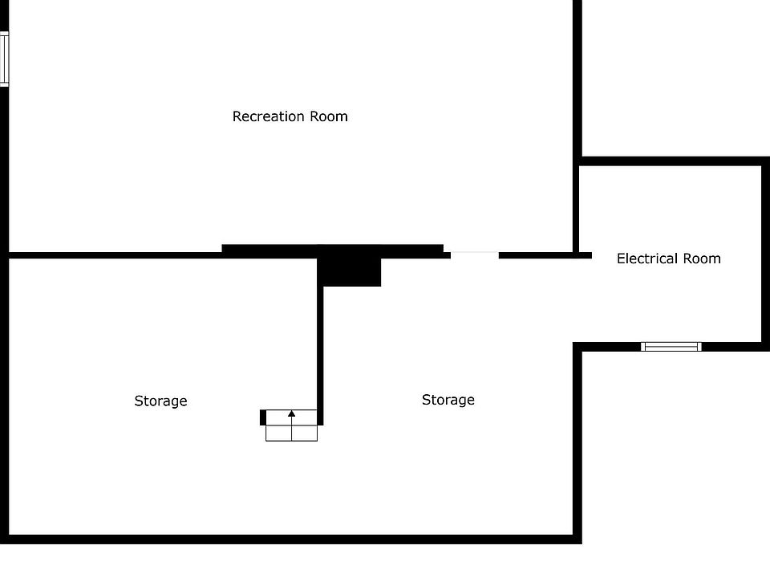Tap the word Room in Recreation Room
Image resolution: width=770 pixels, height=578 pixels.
(x=330, y=116)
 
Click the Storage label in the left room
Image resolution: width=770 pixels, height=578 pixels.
(x=160, y=401)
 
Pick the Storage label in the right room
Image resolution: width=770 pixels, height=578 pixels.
(x=448, y=400)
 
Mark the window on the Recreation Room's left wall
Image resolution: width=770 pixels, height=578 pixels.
(x=4, y=59)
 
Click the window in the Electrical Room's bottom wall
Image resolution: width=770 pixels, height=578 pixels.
(x=671, y=347)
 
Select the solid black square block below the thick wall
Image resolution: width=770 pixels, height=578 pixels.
(x=350, y=271)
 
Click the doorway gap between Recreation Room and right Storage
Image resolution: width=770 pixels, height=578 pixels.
(x=474, y=255)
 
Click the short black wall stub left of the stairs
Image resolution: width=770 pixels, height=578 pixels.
(x=263, y=417)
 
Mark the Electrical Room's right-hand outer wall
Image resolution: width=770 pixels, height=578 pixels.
(x=764, y=257)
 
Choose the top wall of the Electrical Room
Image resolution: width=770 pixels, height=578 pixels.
(x=671, y=161)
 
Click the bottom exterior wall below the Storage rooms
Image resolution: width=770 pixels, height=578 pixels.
(x=289, y=539)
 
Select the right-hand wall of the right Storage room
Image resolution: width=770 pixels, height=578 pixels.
(x=577, y=442)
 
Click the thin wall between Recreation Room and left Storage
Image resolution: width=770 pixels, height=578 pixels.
(x=112, y=255)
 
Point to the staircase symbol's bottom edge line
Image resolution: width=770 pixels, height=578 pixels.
(x=291, y=441)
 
